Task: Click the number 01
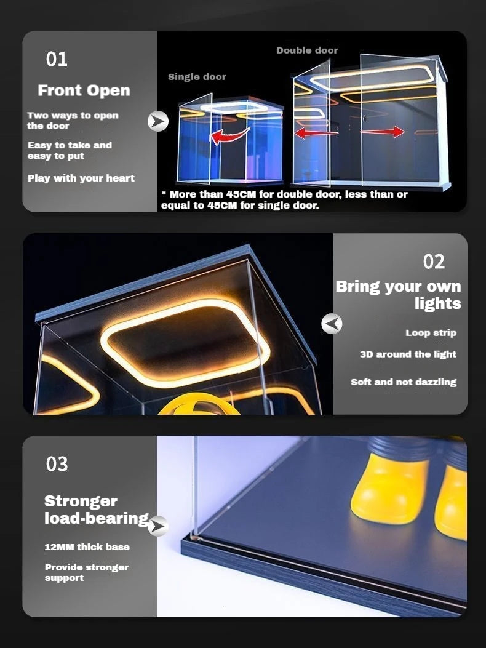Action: (57, 60)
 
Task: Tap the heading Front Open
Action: (84, 90)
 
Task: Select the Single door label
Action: (197, 77)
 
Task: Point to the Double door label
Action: (307, 50)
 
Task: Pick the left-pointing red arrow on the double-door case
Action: (316, 132)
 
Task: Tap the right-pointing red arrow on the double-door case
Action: (383, 132)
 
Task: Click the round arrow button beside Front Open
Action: (158, 121)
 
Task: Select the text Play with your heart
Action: (81, 178)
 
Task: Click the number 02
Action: (434, 262)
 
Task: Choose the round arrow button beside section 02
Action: (332, 323)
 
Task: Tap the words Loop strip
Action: (431, 333)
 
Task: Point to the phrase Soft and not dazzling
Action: (404, 382)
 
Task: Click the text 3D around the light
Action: (408, 354)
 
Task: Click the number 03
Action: (57, 464)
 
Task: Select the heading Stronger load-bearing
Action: (95, 510)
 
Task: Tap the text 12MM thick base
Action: (87, 547)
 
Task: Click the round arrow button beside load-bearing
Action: (158, 526)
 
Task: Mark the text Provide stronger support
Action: (86, 572)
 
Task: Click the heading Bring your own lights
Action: (399, 295)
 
